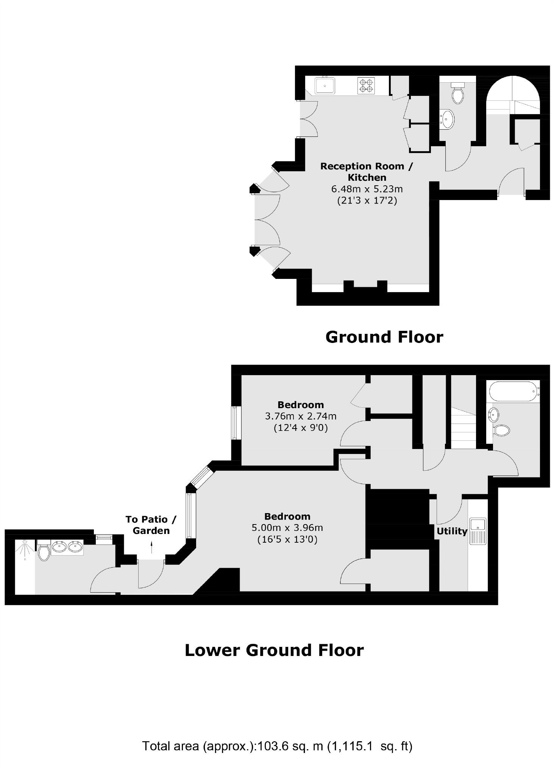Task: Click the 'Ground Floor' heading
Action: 384,337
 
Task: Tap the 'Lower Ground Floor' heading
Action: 274,650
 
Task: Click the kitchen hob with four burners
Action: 366,85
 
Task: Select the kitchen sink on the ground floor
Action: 325,85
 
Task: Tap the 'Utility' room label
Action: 452,531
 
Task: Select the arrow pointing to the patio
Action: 151,547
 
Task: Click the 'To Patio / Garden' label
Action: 151,525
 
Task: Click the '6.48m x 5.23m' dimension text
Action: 367,189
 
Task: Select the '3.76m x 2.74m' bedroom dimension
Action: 300,416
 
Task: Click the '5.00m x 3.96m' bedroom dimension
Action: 287,528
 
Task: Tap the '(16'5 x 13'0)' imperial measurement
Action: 287,539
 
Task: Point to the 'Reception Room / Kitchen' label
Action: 367,172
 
